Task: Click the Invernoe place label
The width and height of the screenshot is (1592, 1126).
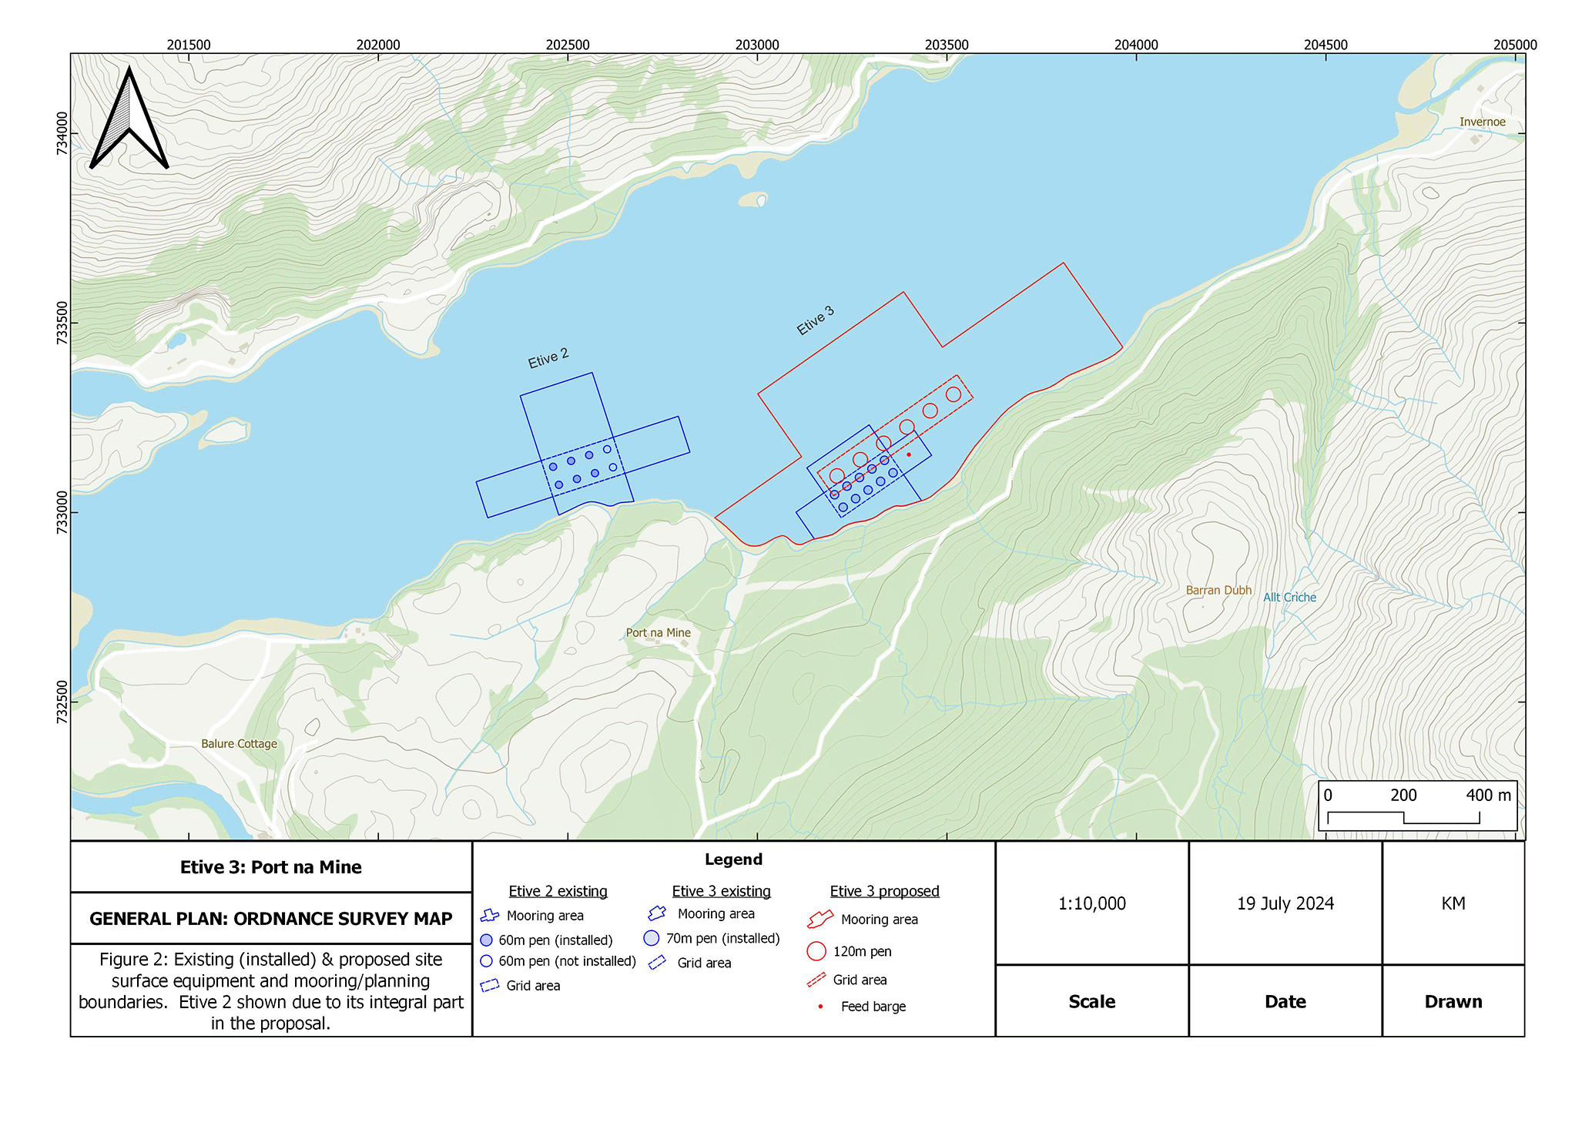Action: (1481, 122)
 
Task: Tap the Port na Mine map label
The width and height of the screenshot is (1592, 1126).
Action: (658, 632)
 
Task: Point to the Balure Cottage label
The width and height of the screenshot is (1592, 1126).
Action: (239, 743)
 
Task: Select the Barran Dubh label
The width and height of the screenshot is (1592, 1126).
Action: (1218, 590)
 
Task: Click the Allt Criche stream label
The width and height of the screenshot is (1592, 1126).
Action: (1289, 597)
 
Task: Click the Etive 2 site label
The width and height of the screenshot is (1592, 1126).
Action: (548, 358)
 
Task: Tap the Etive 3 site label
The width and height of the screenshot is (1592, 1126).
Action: (815, 320)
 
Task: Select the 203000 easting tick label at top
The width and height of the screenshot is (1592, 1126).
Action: (756, 45)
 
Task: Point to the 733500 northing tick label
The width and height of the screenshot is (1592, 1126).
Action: (62, 323)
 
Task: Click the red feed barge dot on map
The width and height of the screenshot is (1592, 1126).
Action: (909, 454)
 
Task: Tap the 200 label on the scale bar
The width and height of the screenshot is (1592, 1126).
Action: (1403, 795)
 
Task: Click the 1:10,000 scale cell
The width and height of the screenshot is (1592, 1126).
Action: (1091, 903)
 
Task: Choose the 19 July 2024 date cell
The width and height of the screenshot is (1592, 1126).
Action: (1285, 903)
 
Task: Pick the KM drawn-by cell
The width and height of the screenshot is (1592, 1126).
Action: (1453, 903)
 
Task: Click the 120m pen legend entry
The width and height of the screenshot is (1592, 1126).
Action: (861, 951)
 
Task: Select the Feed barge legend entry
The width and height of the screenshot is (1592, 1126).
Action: (873, 1007)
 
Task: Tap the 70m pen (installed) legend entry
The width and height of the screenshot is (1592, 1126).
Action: (722, 938)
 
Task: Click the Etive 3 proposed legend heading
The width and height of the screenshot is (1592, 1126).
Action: (884, 891)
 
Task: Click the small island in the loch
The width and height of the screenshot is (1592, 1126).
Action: (753, 199)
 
